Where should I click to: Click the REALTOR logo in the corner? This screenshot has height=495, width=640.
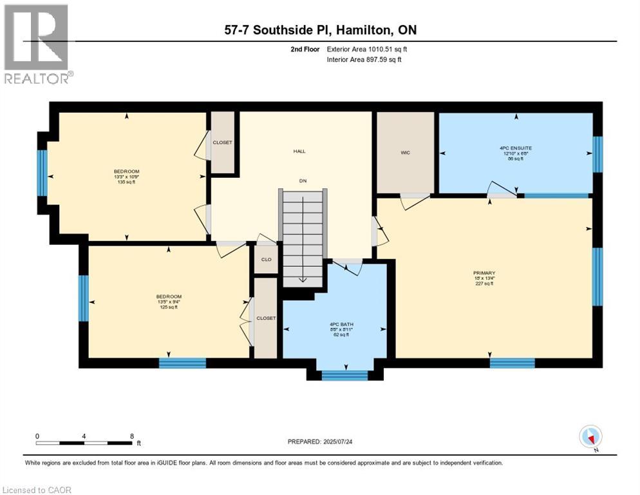37,43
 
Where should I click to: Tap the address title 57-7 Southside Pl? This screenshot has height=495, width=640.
319,30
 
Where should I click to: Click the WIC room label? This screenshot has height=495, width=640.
405,153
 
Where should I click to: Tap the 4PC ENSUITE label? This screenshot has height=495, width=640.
516,148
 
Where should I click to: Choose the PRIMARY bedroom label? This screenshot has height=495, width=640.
484,273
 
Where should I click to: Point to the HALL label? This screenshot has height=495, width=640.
299,151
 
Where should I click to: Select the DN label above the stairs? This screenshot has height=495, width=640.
302,181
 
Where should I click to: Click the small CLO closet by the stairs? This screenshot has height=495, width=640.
265,260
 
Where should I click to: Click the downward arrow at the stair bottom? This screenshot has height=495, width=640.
302,281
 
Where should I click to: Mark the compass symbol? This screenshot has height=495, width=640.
590,437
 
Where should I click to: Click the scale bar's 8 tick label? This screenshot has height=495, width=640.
132,436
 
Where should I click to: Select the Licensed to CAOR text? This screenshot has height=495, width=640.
37,490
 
